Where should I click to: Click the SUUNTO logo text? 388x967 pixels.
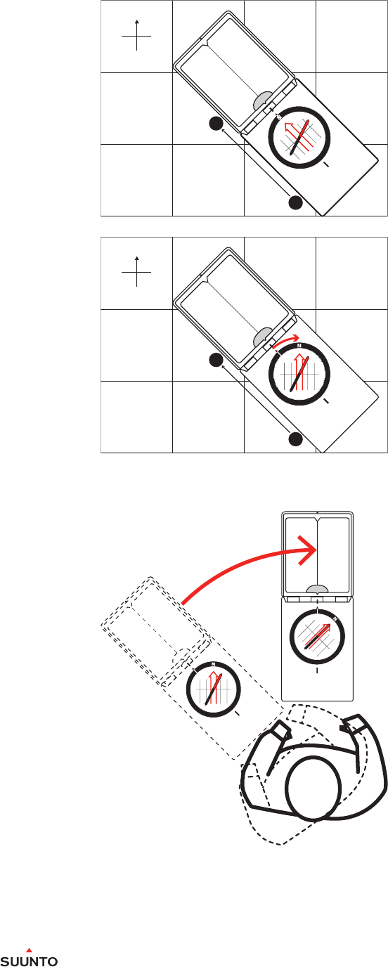pos(29,961)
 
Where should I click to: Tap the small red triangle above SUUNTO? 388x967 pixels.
pos(29,950)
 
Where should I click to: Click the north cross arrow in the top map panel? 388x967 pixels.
pos(136,35)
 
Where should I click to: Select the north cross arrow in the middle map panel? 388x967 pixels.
pos(136,272)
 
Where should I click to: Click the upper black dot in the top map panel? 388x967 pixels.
pos(216,124)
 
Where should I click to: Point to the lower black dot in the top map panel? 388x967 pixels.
pos(295,202)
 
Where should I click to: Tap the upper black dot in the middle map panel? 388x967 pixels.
pos(216,360)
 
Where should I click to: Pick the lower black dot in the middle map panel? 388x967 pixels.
pos(295,439)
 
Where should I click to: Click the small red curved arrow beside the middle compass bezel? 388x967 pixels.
pos(285,339)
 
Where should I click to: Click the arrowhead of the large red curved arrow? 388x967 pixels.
pos(309,550)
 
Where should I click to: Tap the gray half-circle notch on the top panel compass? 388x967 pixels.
pos(263,100)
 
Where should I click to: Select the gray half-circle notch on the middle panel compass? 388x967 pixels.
pos(263,336)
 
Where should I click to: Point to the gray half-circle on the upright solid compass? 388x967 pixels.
pos(317,590)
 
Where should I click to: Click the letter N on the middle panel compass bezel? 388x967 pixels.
pos(299,346)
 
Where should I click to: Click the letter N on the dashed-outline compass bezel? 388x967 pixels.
pos(213,664)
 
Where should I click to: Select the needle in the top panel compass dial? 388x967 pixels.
pos(300,137)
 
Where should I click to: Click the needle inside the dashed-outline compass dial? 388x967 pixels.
pos(213,689)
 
